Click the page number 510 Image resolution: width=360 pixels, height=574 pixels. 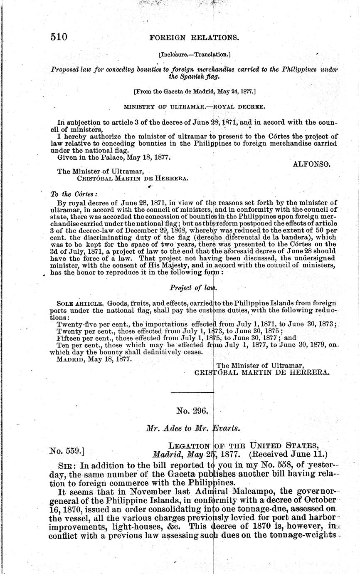coord(59,37)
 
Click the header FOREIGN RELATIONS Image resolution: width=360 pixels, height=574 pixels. coord(194,37)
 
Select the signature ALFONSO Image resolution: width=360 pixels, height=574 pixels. coord(312,164)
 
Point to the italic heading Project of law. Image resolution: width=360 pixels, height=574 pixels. coord(193,287)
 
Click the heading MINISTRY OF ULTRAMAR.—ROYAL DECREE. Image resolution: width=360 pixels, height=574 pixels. coord(192,106)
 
